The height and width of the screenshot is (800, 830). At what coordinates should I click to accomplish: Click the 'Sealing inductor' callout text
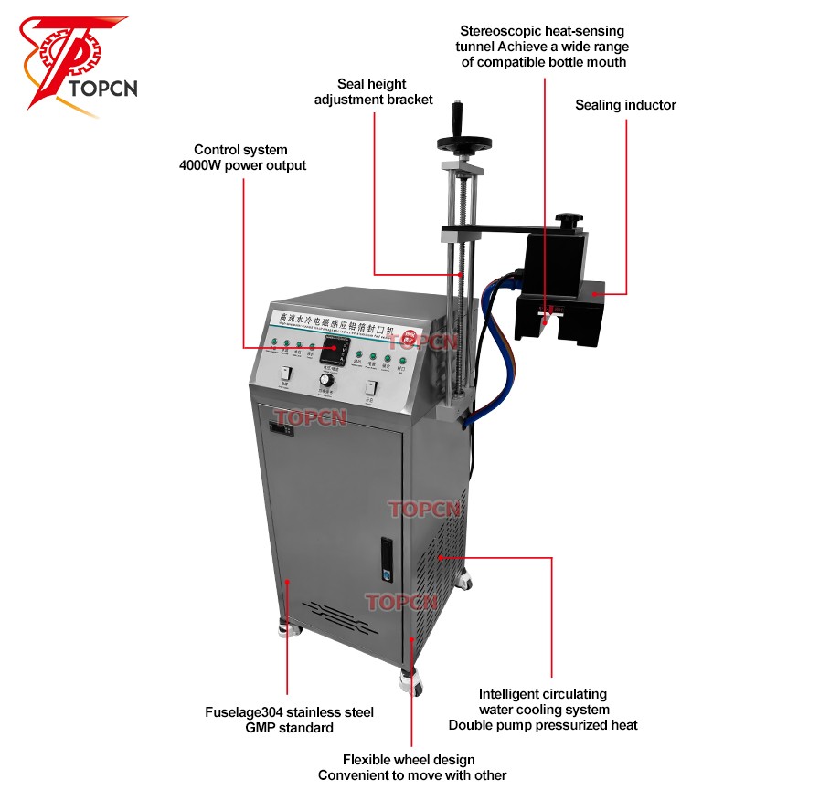pos(625,105)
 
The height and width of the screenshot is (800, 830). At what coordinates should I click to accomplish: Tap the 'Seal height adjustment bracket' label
pos(373,91)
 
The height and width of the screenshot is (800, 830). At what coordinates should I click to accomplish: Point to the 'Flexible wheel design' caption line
pos(409,759)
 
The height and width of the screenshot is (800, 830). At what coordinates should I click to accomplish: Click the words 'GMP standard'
pos(289,728)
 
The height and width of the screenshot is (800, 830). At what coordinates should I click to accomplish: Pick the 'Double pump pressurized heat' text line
pos(543,725)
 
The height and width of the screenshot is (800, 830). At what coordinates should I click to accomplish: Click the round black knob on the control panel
pos(326,379)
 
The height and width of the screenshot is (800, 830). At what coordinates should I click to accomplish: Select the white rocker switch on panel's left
pos(286,373)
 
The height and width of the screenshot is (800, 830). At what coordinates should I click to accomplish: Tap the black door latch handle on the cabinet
pos(387,558)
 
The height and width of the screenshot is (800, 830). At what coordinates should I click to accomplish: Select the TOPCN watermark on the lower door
pos(402,602)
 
